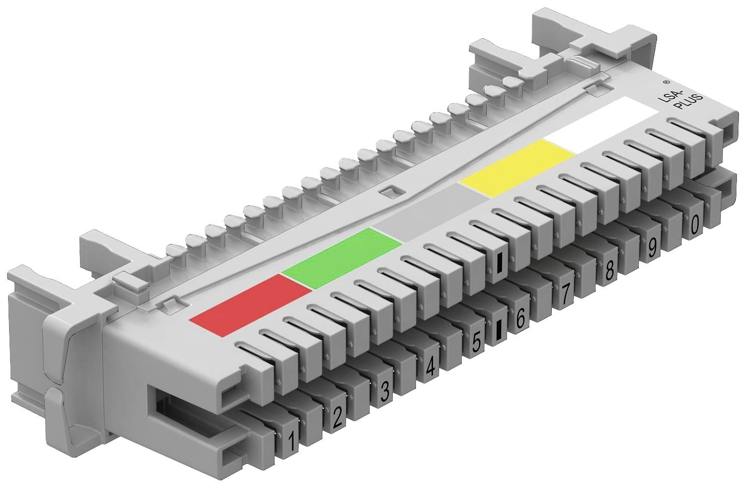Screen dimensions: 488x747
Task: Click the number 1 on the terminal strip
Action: (x=290, y=442)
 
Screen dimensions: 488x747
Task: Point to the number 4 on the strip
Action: (x=430, y=368)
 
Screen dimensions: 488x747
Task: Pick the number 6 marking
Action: (x=520, y=318)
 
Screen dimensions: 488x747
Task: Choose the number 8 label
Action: (x=609, y=271)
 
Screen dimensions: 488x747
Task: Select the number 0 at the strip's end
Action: (x=695, y=224)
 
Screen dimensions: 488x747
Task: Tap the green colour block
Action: (x=342, y=258)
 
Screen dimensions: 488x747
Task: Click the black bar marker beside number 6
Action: (x=499, y=330)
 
